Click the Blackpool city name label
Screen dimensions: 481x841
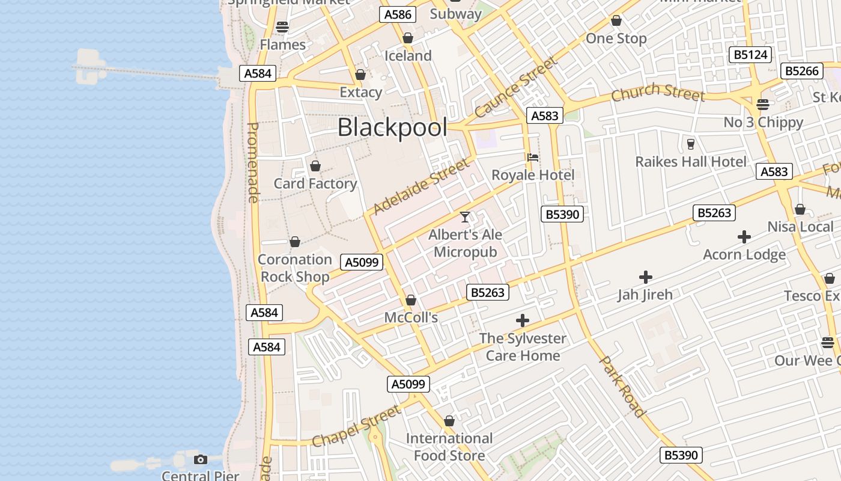pyautogui.click(x=392, y=127)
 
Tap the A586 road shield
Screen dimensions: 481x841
pyautogui.click(x=398, y=14)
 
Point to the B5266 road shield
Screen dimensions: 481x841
pyautogui.click(x=802, y=71)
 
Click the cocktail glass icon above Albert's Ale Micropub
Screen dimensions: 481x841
pyautogui.click(x=465, y=216)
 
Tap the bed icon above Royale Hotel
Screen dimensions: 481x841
pyautogui.click(x=532, y=158)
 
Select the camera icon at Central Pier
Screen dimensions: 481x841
pyautogui.click(x=201, y=460)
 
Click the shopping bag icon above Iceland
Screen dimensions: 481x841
pyautogui.click(x=408, y=38)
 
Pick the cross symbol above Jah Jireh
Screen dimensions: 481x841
pyautogui.click(x=646, y=277)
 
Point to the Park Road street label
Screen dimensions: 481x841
pyautogui.click(x=622, y=386)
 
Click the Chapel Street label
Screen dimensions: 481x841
pyautogui.click(x=356, y=426)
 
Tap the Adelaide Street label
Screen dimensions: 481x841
pyautogui.click(x=420, y=186)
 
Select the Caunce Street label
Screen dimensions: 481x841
pyautogui.click(x=515, y=88)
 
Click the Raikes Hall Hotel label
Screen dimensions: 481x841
pyautogui.click(x=691, y=162)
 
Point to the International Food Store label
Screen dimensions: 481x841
pyautogui.click(x=449, y=447)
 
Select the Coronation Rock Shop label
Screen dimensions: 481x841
pyautogui.click(x=294, y=268)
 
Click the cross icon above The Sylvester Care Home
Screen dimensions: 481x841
pyautogui.click(x=523, y=320)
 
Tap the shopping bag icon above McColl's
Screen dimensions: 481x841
pyautogui.click(x=411, y=300)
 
